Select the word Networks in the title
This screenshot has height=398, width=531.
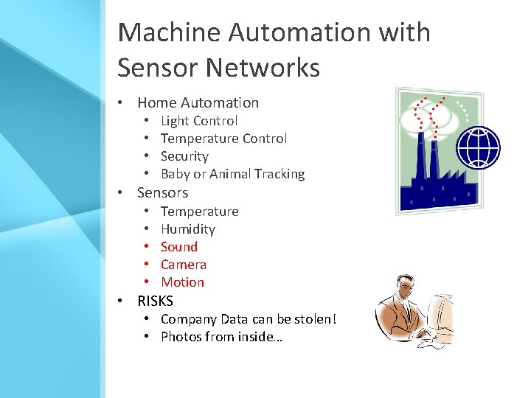point(263,68)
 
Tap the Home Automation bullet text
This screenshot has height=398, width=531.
point(198,102)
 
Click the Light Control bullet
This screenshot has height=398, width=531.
point(199,121)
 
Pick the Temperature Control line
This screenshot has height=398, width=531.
point(223,139)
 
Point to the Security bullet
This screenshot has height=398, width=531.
point(184,156)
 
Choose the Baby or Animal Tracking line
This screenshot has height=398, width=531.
point(232,174)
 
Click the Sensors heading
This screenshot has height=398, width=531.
point(162,193)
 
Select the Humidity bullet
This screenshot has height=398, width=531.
point(187,229)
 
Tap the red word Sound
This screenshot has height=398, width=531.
point(179,247)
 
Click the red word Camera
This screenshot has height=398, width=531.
point(184,265)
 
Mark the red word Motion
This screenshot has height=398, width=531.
point(182,282)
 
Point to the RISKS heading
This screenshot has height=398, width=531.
point(155,301)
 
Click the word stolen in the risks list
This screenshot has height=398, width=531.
point(316,319)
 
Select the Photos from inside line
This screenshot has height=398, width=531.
point(221,337)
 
